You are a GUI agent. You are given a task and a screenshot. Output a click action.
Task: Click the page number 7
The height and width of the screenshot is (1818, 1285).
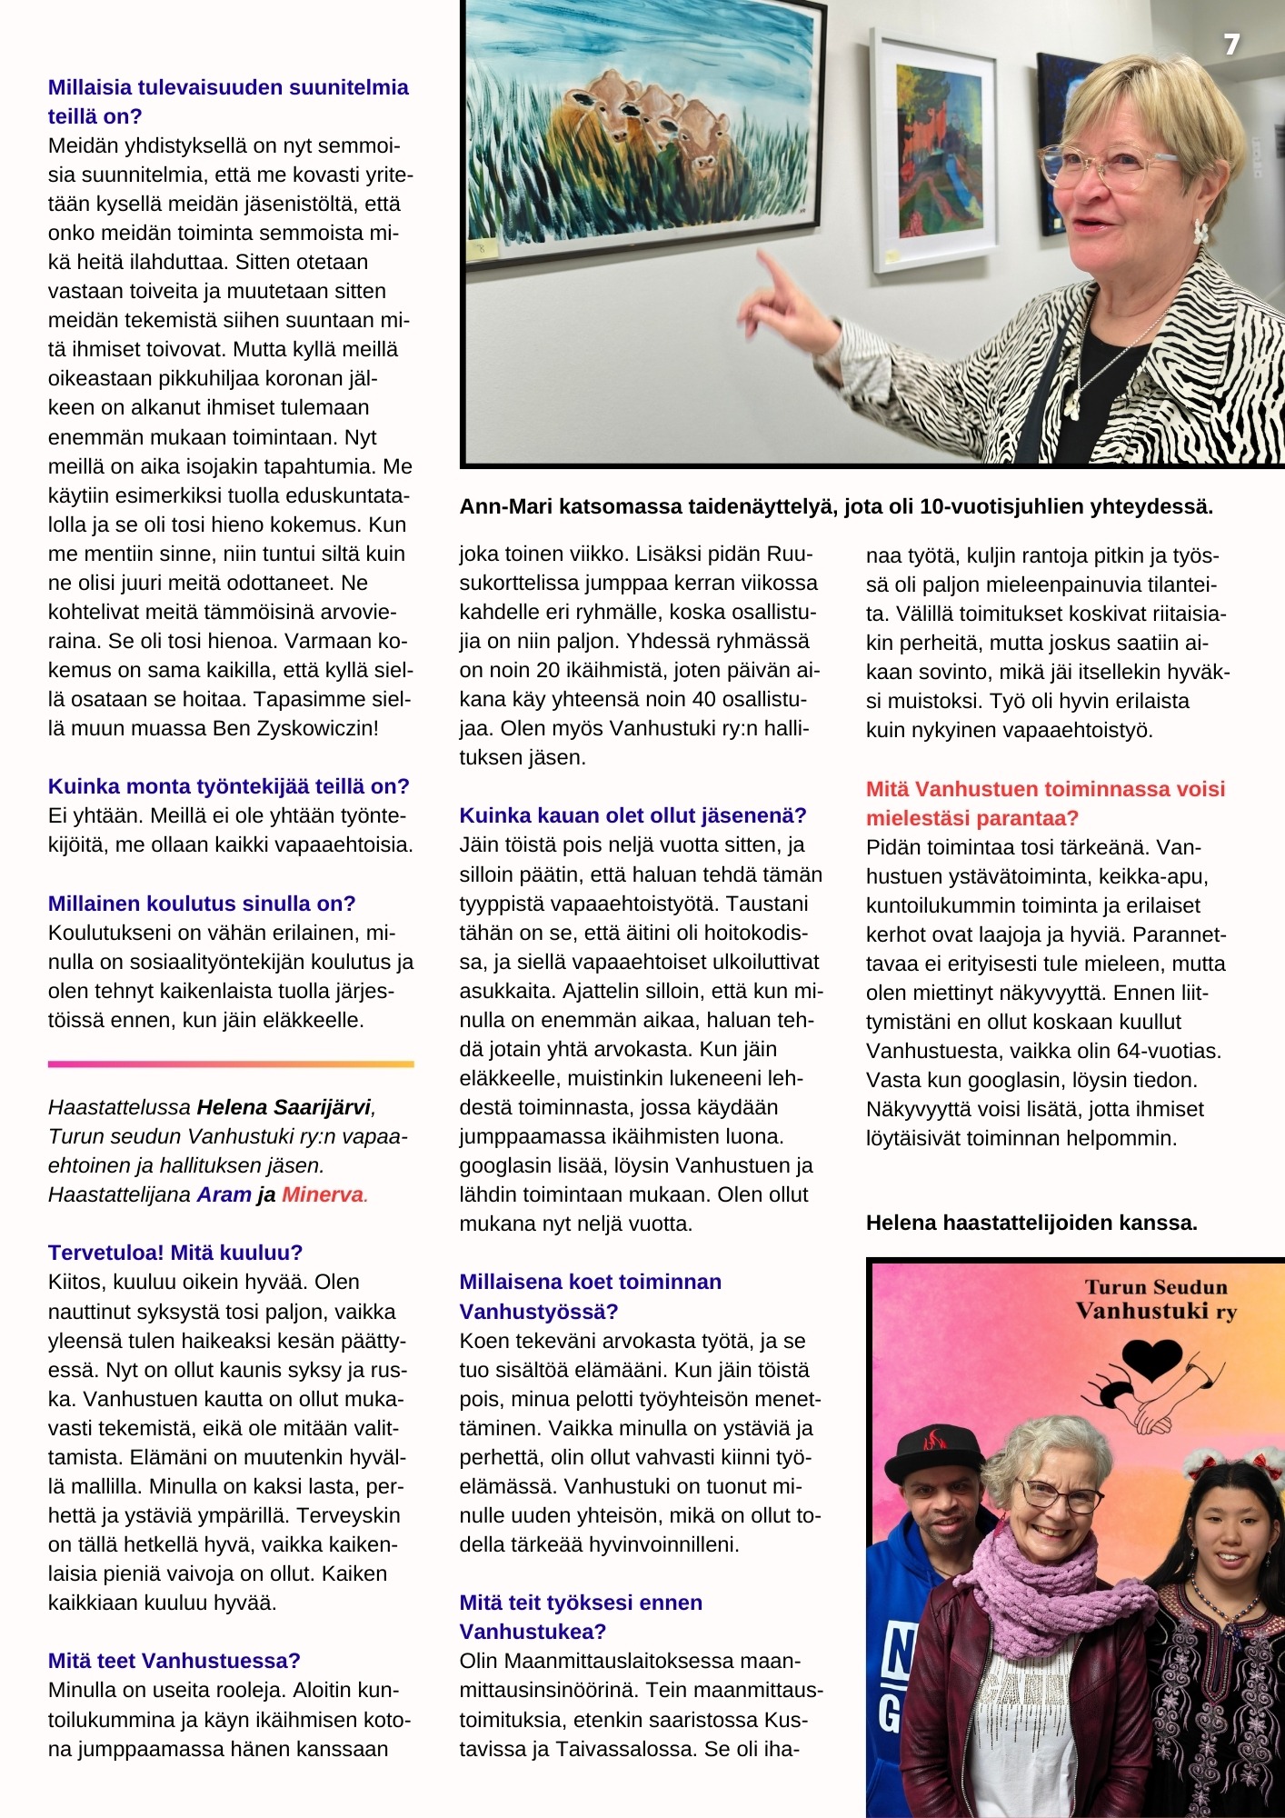1231,45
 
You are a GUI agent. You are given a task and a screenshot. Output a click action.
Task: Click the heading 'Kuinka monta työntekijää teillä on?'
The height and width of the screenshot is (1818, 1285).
228,786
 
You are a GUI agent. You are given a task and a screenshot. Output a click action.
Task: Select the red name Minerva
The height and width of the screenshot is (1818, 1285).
323,1194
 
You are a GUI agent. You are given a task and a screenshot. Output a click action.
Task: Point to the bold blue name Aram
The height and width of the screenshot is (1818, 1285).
224,1194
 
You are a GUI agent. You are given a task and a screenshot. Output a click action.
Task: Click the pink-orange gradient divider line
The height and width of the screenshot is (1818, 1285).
231,1063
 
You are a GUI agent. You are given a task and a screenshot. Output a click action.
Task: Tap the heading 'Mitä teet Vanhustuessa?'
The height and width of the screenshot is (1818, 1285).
174,1661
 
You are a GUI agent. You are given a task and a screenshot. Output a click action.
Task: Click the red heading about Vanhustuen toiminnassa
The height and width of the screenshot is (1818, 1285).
1045,803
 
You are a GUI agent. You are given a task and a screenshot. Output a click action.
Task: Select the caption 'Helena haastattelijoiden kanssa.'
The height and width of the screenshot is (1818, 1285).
1031,1223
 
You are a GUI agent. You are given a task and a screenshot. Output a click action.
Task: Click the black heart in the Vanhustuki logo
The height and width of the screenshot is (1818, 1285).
1151,1358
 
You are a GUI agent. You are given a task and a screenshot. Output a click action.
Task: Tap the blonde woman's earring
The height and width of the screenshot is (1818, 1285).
1201,231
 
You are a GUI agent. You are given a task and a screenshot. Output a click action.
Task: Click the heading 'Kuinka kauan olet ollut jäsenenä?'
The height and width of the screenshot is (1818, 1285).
633,815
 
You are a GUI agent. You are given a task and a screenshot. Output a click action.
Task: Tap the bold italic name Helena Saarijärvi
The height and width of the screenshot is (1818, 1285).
284,1107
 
